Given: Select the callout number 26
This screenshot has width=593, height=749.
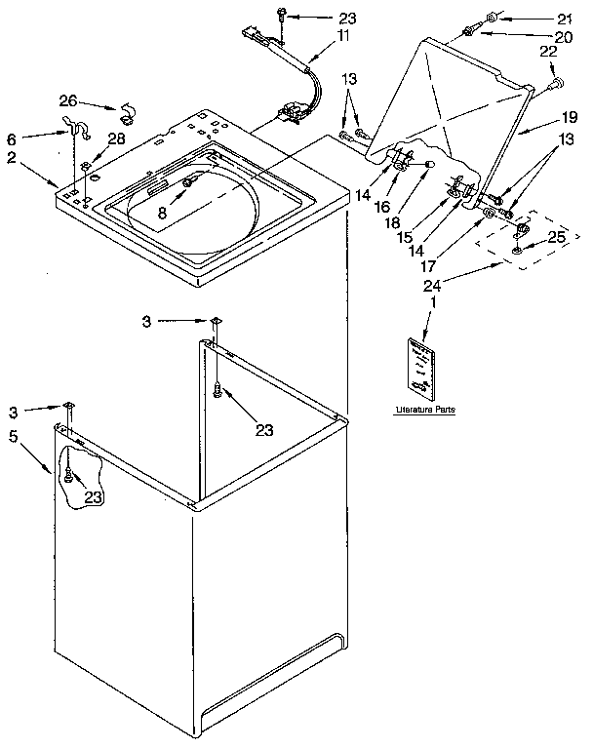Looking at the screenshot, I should pyautogui.click(x=67, y=99).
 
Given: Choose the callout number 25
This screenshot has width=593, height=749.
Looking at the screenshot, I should pyautogui.click(x=557, y=237).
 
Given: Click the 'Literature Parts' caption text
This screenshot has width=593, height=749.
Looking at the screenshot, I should pyautogui.click(x=425, y=410).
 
